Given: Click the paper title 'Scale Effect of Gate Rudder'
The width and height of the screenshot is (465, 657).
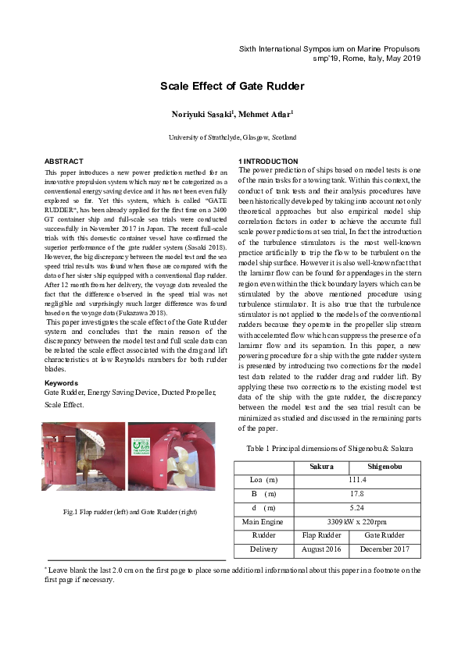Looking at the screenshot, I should pos(232,86).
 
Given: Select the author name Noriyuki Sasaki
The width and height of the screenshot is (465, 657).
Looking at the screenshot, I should pos(200,115).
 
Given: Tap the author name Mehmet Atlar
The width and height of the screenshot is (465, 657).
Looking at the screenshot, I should pos(266,115).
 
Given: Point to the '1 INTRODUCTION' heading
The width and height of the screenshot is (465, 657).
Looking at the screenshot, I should pos(268,161).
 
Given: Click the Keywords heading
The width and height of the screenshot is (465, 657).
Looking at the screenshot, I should pos(61,383).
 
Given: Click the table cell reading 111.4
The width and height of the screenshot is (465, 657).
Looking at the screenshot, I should pos(356,480).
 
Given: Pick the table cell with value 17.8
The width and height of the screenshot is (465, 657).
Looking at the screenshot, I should pos(356,494).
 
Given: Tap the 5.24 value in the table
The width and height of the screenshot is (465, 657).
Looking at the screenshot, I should pos(356,508).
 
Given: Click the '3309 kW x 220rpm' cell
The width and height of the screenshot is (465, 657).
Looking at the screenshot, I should pos(356,522).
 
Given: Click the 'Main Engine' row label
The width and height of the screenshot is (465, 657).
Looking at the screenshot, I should pos(263,522).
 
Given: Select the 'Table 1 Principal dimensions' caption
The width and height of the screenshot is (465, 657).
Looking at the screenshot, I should pos(329,449).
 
